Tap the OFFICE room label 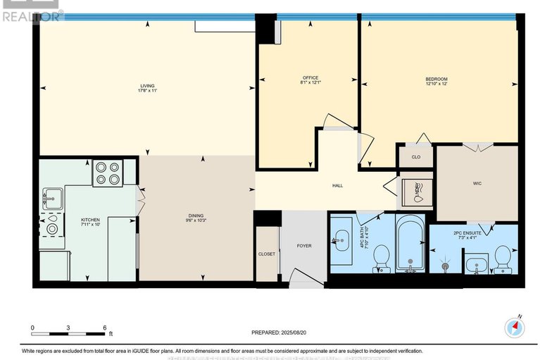310,77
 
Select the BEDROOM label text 437,79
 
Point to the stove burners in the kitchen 108,173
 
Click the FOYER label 303,245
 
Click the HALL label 337,185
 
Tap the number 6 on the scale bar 104,328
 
